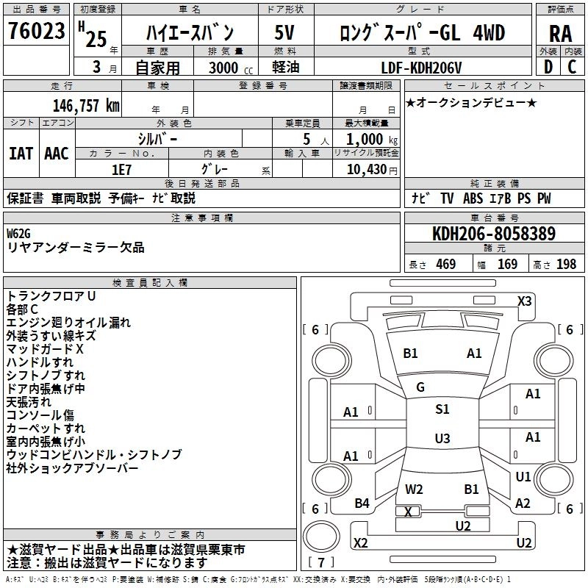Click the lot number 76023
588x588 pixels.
(x=36, y=31)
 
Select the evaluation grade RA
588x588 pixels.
(x=560, y=33)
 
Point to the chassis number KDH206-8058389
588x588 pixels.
(x=493, y=234)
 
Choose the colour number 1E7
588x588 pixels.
(x=121, y=168)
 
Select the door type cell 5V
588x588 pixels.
(x=284, y=32)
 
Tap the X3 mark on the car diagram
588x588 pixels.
(x=524, y=301)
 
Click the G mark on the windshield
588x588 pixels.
(x=420, y=387)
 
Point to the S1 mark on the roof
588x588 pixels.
(x=442, y=409)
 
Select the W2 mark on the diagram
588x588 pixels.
(x=414, y=489)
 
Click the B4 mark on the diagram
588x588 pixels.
(x=362, y=503)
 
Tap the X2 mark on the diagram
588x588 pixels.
(x=360, y=542)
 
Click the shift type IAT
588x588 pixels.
(x=21, y=153)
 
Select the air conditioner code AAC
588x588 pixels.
(x=56, y=153)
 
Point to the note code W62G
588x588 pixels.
(x=20, y=233)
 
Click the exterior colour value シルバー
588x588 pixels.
(x=157, y=138)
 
